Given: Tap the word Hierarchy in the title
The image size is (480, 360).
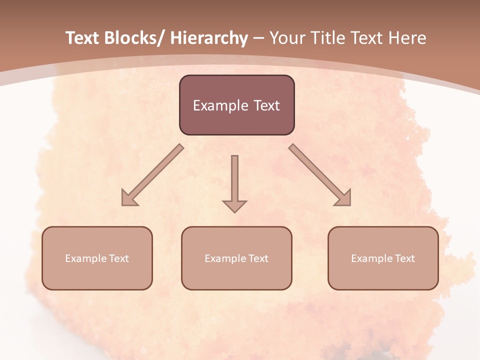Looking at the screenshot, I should (x=209, y=38).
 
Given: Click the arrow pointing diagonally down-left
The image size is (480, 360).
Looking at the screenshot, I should (x=152, y=175).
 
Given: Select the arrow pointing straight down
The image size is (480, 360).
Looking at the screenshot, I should (x=234, y=182).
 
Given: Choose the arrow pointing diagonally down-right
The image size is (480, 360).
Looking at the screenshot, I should (x=320, y=175).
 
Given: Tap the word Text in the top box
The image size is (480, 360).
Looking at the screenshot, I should (x=266, y=105).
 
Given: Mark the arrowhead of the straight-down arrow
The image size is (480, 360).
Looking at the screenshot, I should (x=234, y=206).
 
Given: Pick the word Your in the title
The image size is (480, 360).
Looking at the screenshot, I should (x=286, y=38).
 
